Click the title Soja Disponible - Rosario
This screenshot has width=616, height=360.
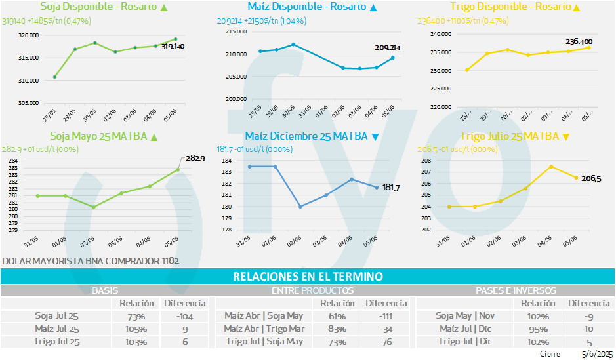tap(98, 7)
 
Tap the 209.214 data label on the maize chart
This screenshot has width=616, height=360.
tap(387, 48)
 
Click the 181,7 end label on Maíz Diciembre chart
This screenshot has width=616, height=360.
tap(391, 188)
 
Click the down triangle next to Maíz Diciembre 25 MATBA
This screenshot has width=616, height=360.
tap(375, 136)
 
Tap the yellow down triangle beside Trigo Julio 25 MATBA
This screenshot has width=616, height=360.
tap(566, 136)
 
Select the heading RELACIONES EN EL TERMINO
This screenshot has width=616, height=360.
tap(308, 277)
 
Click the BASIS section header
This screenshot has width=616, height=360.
tap(105, 290)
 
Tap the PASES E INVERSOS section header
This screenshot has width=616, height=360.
tap(515, 290)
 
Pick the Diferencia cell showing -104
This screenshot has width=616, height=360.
tap(184, 316)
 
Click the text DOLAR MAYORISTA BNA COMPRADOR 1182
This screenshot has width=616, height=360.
tap(91, 260)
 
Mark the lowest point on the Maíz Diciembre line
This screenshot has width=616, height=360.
tap(300, 207)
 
